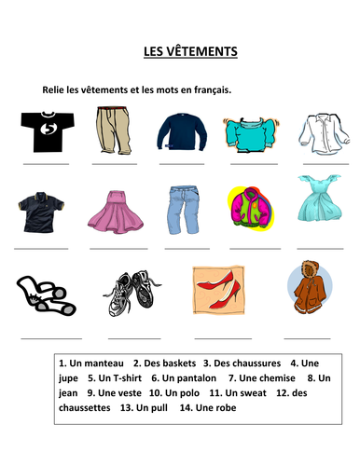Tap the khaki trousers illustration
pyautogui.click(x=114, y=130)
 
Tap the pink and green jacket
pyautogui.click(x=250, y=209)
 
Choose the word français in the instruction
pyautogui.click(x=209, y=89)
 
